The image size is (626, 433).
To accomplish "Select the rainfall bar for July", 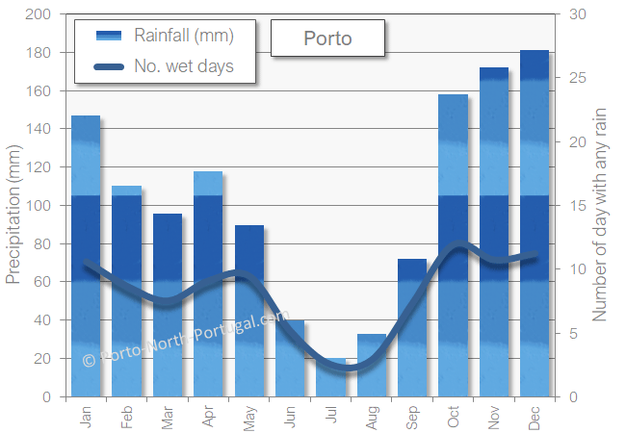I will tap(330, 377).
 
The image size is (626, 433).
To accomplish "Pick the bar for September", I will tap(412, 327).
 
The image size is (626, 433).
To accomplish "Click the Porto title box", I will tap(327, 38).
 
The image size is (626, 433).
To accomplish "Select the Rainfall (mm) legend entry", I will tap(184, 37).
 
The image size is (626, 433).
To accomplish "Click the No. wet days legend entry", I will tap(184, 67).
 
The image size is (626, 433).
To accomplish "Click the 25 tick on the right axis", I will tap(575, 78).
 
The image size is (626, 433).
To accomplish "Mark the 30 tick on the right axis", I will tap(575, 14).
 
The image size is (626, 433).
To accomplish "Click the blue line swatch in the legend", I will tap(109, 67).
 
